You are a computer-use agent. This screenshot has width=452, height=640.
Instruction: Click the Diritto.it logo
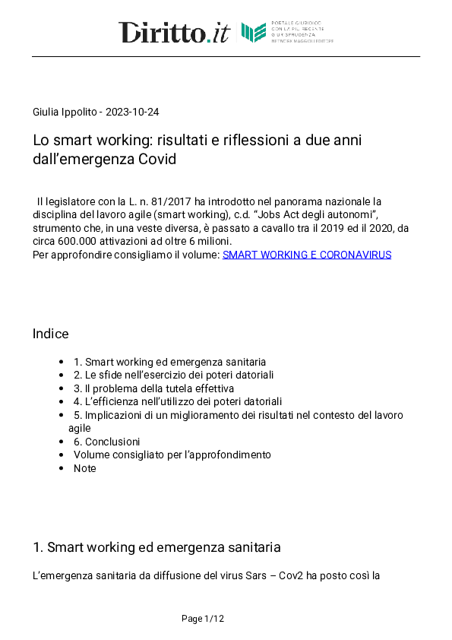point(173,33)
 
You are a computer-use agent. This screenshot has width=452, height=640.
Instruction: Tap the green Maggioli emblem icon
point(254,33)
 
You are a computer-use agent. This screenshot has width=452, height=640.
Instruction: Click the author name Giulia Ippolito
point(64,112)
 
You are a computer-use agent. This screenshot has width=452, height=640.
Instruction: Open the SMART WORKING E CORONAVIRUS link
point(306,255)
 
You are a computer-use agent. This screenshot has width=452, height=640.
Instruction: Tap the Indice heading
point(50,334)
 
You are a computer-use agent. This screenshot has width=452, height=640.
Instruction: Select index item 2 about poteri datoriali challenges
point(173,375)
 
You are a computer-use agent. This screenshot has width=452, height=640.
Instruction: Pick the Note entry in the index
point(84,468)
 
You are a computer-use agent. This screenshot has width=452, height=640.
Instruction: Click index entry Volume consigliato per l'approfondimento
point(172,455)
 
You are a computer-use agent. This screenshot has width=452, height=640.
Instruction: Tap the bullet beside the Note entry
point(61,468)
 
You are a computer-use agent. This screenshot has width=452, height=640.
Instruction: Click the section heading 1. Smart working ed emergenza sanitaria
point(156,547)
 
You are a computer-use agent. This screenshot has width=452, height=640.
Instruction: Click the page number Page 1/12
point(203,619)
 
